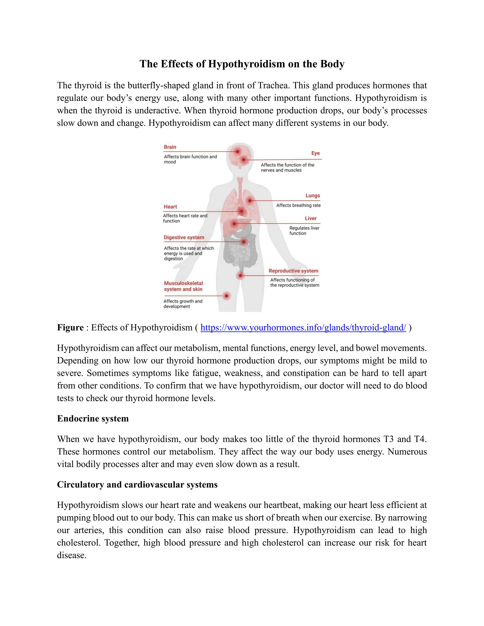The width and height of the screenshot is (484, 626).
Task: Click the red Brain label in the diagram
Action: [170, 147]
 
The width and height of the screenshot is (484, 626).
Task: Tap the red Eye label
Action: [315, 153]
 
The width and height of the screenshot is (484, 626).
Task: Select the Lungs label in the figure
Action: [312, 196]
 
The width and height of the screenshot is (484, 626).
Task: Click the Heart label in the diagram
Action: [170, 207]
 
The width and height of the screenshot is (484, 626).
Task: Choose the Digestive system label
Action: [184, 237]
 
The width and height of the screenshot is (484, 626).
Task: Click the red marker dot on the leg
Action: [226, 296]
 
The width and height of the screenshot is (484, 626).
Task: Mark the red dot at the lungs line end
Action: [250, 201]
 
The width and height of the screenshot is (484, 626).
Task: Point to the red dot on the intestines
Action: [243, 242]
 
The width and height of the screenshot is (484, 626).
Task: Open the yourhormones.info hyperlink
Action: [303, 327]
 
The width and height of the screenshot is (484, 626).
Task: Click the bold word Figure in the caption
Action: [70, 327]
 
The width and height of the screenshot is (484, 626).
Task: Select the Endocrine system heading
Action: [93, 419]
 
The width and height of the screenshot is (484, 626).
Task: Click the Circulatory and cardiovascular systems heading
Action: [137, 485]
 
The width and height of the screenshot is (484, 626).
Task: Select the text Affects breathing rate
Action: [298, 205]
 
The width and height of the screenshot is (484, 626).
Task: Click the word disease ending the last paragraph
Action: [71, 555]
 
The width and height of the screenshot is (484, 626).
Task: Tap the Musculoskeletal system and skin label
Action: [183, 286]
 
